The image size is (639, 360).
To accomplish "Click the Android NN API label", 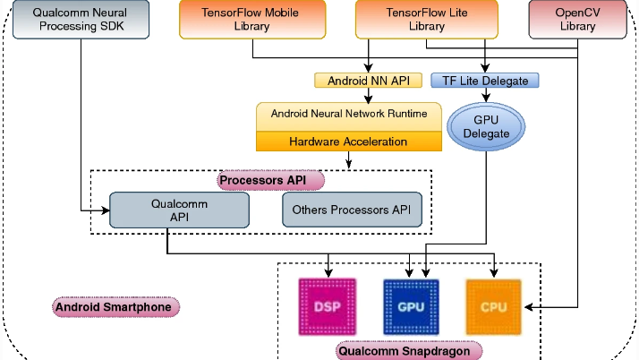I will coord(368,81).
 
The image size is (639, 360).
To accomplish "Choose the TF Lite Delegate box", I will coord(486,81).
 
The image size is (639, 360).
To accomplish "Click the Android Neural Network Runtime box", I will coord(348,115).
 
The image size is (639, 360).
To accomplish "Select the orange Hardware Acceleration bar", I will coord(348,141).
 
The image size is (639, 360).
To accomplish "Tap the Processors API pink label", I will coord(271,180).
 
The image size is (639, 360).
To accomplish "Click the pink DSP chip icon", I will coord(328,307).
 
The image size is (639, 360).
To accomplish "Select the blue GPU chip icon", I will coord(411,307).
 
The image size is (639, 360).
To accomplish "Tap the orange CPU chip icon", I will coord(494,307).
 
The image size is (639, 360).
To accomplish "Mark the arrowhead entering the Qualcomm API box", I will coord(105,210).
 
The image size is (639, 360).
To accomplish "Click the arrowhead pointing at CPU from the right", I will coord(529,307).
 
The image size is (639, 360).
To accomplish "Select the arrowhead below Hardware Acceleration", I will coord(348,164).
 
